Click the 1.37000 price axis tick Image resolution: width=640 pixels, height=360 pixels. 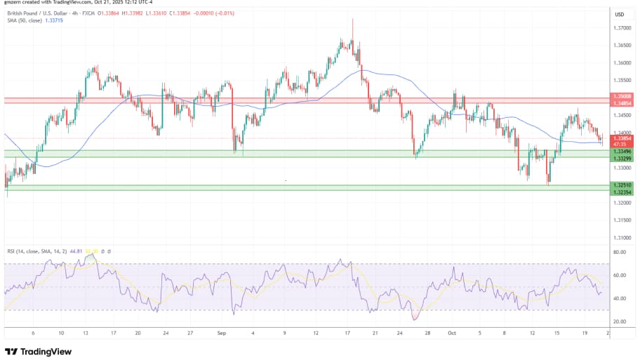(620, 28)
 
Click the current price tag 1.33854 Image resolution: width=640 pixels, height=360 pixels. (620, 139)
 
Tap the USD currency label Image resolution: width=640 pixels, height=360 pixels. (620, 14)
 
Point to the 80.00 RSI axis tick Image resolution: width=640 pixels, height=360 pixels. (620, 251)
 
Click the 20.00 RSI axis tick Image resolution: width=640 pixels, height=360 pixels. (620, 322)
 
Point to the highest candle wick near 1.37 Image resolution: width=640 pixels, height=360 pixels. (352, 20)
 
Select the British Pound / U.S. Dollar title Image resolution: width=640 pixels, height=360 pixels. (42, 13)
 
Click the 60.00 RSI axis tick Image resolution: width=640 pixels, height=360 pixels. (620, 275)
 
